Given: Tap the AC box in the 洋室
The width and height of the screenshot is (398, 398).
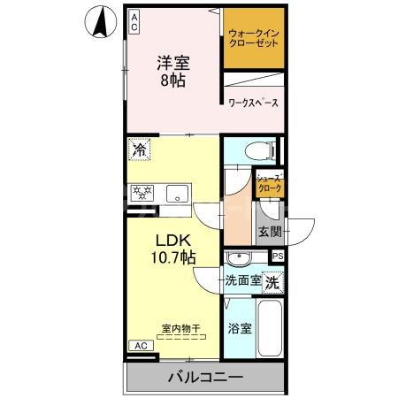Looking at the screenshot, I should point(135,22).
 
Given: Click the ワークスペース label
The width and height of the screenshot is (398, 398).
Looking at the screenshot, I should point(254,103).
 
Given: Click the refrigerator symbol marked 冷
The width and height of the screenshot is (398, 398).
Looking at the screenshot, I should point(139,149).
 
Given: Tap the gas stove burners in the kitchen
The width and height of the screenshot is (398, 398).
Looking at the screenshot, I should point(142,192).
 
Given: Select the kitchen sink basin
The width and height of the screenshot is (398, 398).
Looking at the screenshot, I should point(177,192).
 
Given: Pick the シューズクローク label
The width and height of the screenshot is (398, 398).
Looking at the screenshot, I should point(269,183).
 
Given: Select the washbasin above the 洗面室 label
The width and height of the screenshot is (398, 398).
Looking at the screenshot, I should point(238,258).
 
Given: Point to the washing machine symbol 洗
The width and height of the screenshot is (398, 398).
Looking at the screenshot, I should point(274,284).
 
